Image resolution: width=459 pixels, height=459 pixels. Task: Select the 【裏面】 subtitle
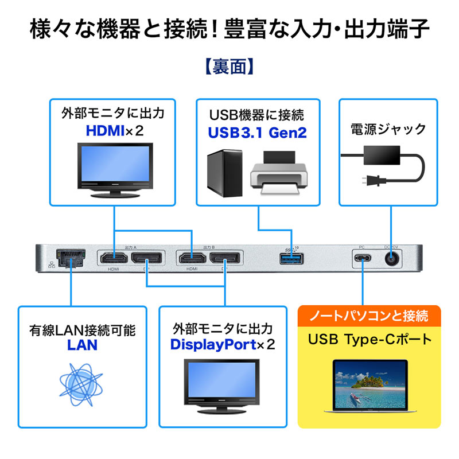click(x=229, y=67)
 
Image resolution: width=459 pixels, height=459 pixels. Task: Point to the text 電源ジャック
click(x=388, y=129)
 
